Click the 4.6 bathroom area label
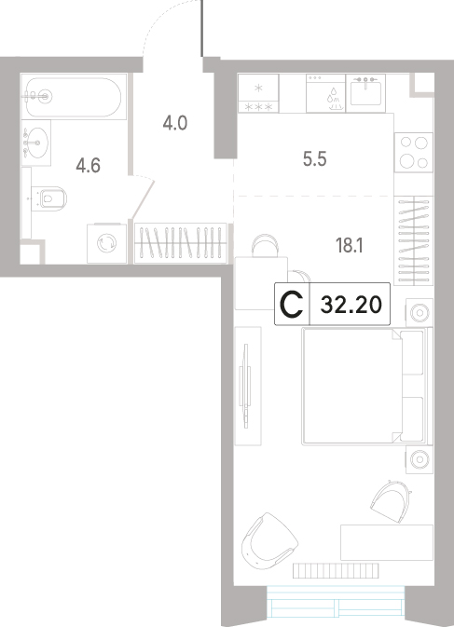88,166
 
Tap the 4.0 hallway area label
175,123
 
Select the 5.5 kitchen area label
315,159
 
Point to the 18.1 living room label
350,246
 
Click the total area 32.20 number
351,305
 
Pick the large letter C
292,305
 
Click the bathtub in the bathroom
74,97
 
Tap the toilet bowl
49,198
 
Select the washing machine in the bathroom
107,243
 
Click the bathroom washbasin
35,143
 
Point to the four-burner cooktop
414,152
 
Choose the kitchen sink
365,93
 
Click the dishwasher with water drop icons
325,93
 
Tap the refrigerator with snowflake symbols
258,93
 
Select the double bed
366,386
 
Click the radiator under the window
336,570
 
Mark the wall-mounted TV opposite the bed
246,386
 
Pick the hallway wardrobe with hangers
181,243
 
